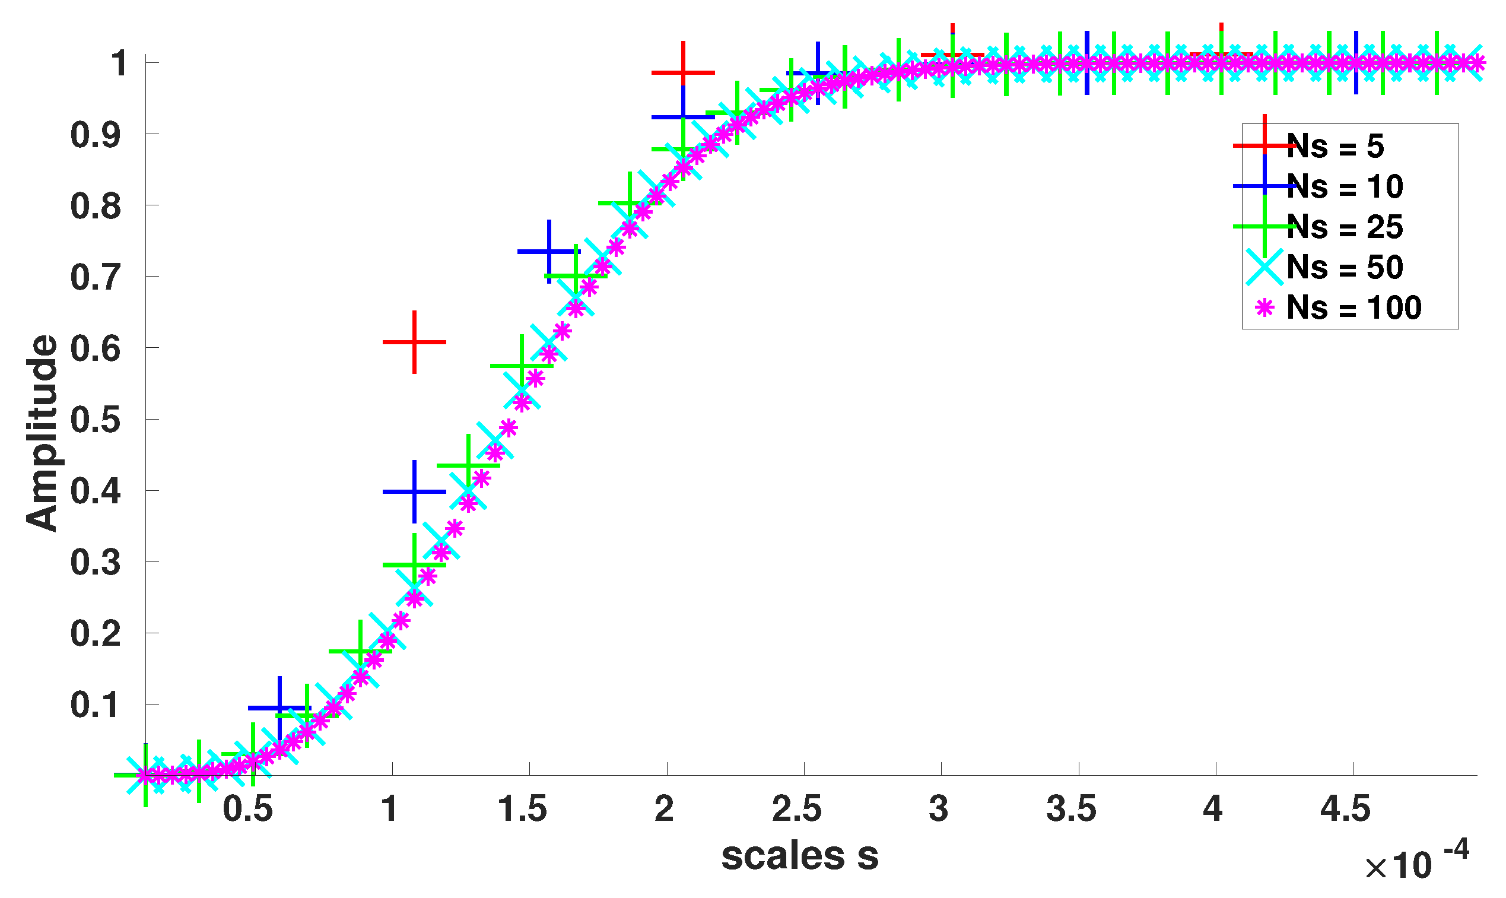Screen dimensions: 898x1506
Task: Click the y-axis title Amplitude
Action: pyautogui.click(x=41, y=433)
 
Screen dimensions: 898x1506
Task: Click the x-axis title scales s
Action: pyautogui.click(x=799, y=856)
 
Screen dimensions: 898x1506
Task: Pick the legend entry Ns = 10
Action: pyautogui.click(x=1345, y=186)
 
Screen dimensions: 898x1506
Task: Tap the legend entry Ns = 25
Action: pyautogui.click(x=1345, y=227)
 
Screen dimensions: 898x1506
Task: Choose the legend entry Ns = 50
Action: pyautogui.click(x=1345, y=267)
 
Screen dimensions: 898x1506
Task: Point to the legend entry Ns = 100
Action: pyautogui.click(x=1354, y=307)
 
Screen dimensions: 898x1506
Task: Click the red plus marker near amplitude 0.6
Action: pyautogui.click(x=414, y=342)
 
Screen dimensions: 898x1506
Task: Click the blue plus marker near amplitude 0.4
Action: pyautogui.click(x=414, y=491)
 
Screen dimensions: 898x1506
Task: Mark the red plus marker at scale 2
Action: pyautogui.click(x=683, y=72)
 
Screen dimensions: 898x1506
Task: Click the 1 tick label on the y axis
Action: pyautogui.click(x=119, y=63)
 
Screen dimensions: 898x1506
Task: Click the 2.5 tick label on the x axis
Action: pyautogui.click(x=796, y=809)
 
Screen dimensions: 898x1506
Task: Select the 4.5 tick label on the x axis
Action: pyautogui.click(x=1345, y=809)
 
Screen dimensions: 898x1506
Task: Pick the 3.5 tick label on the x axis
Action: pyautogui.click(x=1071, y=809)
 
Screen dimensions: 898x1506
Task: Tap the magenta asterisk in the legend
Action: pyautogui.click(x=1264, y=307)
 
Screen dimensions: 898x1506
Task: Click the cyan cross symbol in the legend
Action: pyautogui.click(x=1264, y=267)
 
